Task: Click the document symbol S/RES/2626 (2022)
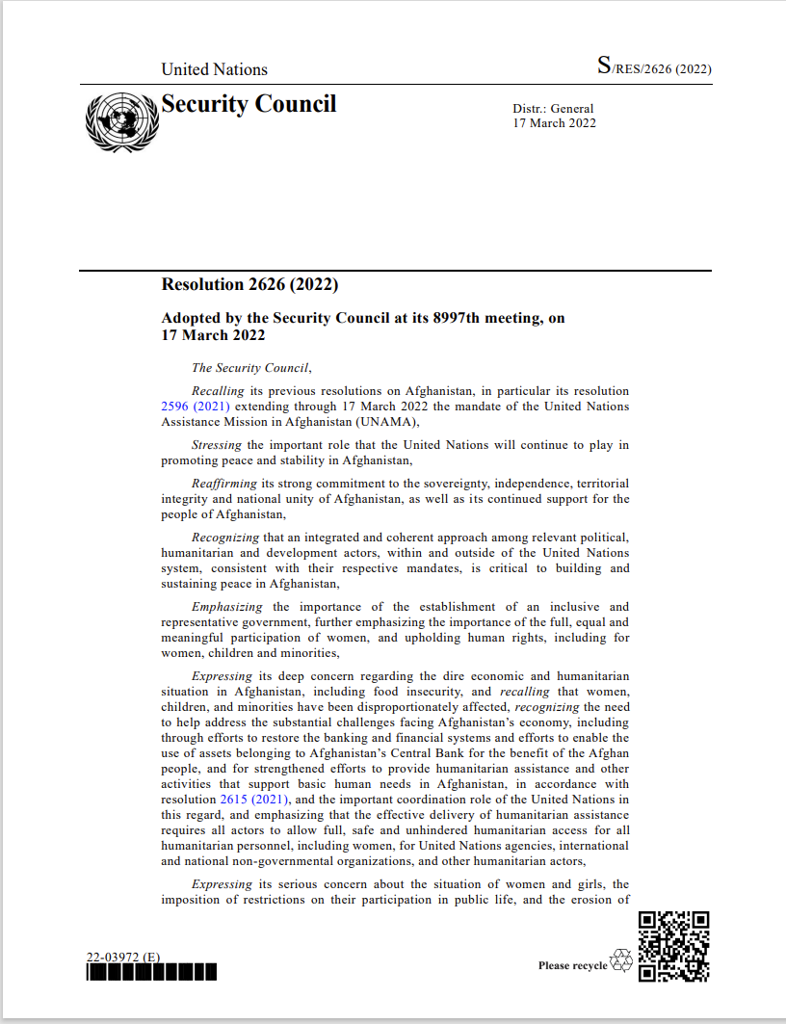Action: click(x=654, y=67)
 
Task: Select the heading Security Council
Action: click(x=249, y=104)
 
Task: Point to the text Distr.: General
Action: click(x=553, y=109)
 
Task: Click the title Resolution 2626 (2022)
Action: click(x=249, y=284)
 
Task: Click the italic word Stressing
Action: click(x=218, y=445)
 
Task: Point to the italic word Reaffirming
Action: click(x=223, y=484)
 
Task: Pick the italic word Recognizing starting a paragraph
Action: click(x=224, y=538)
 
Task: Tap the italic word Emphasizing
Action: click(x=226, y=607)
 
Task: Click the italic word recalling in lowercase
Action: click(x=523, y=692)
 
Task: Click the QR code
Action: click(x=674, y=946)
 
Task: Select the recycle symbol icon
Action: click(x=622, y=960)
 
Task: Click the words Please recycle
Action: click(x=573, y=965)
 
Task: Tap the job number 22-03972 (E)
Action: click(x=123, y=958)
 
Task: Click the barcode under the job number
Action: click(x=151, y=972)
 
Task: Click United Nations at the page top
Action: click(x=214, y=69)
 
